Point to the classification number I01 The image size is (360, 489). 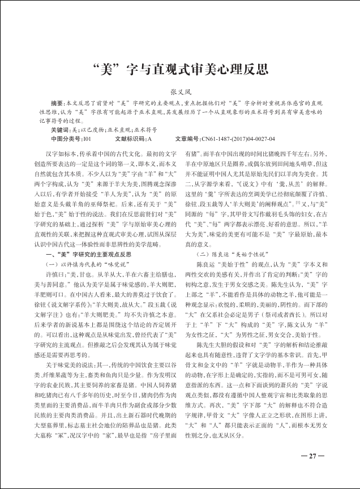point(87,139)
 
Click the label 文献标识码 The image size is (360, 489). point(130,139)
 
